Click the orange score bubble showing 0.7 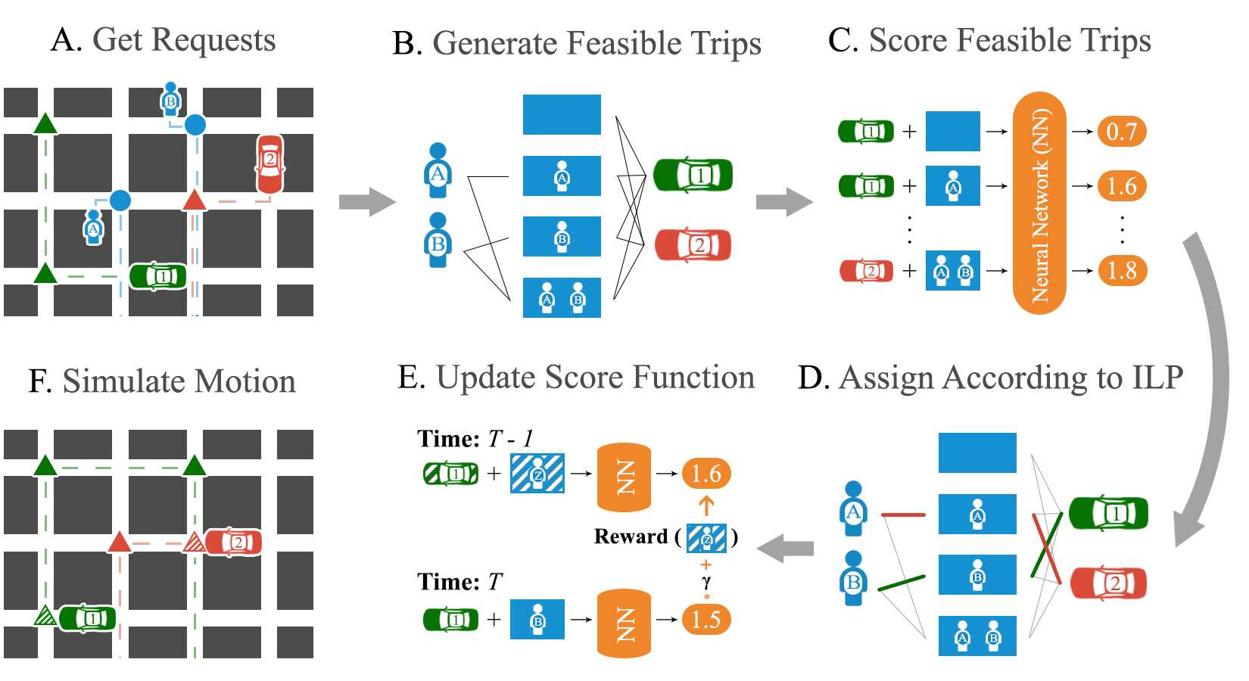1121,132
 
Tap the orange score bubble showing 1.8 1121,270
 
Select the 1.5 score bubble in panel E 706,619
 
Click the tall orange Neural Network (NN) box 1039,203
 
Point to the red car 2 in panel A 270,164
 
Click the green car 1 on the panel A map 158,276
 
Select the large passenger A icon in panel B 438,170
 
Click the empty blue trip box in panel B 562,115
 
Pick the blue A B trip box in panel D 977,636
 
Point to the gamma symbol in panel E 706,581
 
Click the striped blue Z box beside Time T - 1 537,473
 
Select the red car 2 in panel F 234,543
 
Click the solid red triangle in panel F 119,543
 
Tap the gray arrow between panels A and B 367,202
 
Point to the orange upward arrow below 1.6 706,505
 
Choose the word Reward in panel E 631,536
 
